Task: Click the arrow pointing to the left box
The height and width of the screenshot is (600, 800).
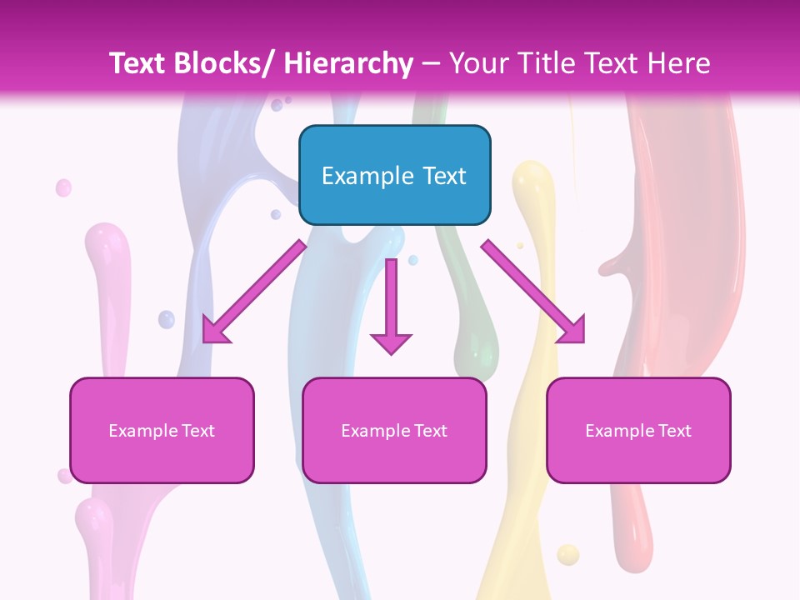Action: point(254,292)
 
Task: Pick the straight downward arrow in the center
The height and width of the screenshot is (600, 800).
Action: point(391,305)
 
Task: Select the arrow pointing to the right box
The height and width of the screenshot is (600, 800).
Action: point(533,292)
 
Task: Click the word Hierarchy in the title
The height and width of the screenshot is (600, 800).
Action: point(348,63)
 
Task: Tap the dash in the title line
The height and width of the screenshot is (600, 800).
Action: point(431,63)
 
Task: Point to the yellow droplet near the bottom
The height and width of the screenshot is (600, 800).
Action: point(567,554)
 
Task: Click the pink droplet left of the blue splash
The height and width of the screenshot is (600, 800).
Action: point(63,187)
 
